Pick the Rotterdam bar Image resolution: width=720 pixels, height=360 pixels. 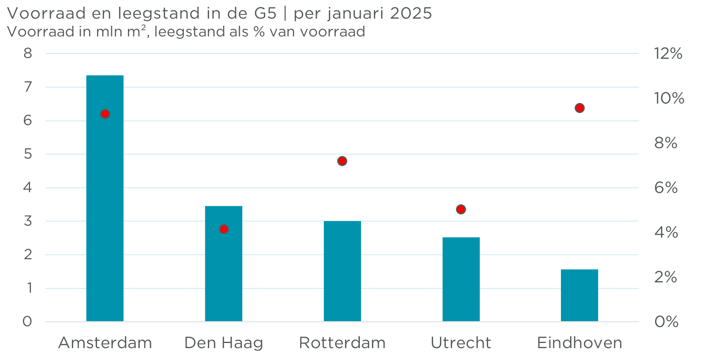[342, 271]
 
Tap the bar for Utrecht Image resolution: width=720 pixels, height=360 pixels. [461, 279]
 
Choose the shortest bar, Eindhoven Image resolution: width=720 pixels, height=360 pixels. [579, 295]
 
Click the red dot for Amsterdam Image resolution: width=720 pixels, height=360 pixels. [105, 114]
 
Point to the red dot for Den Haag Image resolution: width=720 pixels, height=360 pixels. [224, 229]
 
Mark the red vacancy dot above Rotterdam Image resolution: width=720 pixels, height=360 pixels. [342, 161]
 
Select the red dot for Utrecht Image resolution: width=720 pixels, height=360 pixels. [461, 209]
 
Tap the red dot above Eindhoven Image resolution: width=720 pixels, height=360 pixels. [579, 108]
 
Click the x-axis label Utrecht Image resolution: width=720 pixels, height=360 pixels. [461, 343]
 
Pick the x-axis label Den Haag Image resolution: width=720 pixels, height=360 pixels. [224, 343]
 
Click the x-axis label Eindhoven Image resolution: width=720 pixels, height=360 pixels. [579, 343]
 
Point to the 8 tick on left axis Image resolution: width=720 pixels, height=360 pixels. [28, 53]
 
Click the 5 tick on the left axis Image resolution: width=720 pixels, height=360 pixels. [28, 154]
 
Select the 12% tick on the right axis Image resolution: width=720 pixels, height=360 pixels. [668, 53]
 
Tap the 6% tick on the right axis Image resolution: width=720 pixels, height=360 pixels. [666, 188]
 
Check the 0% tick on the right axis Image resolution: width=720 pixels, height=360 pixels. [666, 322]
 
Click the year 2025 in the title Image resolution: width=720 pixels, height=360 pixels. [410, 13]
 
